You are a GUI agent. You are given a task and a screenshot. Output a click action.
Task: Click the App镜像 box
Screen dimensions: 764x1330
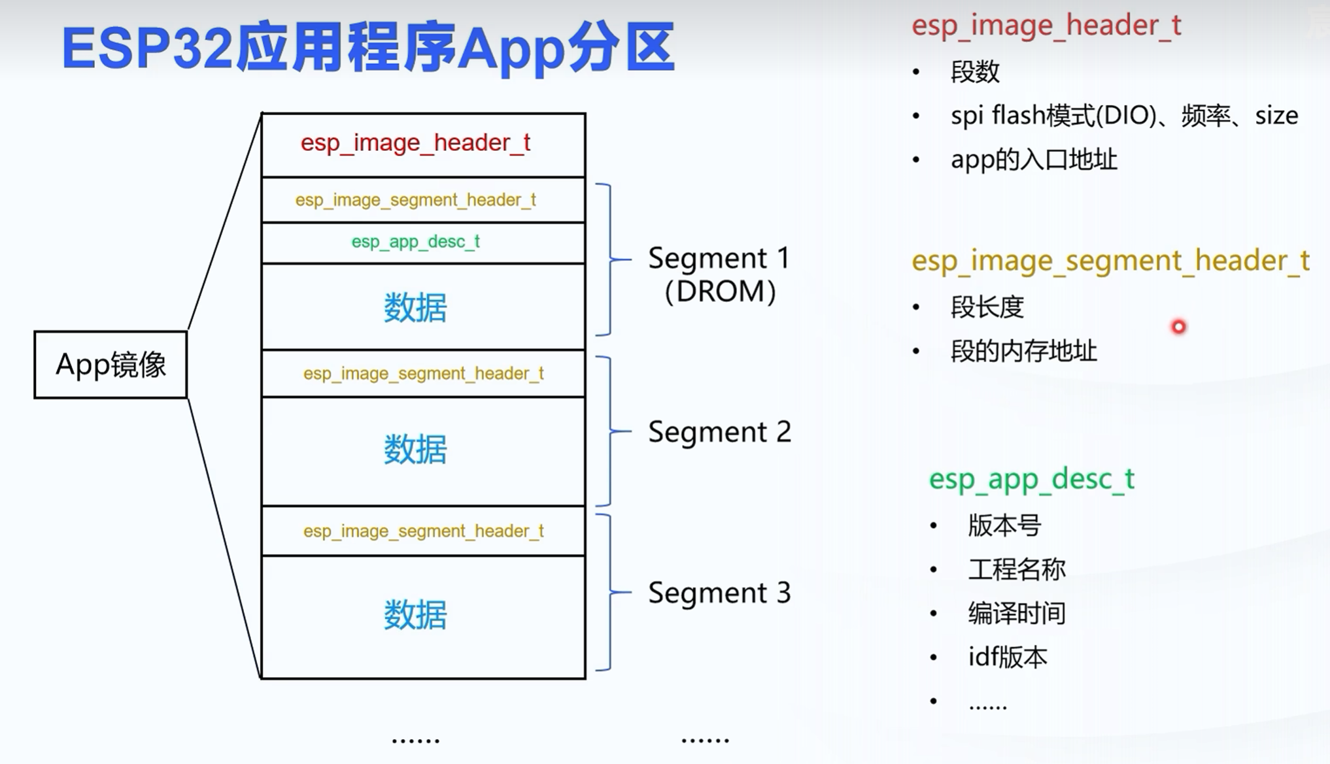111,365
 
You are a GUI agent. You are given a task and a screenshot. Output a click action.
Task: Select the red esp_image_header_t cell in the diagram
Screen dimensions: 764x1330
416,143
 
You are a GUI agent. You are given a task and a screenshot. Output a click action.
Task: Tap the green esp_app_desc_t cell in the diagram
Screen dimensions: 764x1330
416,242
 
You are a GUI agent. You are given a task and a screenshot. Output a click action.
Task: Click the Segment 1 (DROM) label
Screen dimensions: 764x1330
719,274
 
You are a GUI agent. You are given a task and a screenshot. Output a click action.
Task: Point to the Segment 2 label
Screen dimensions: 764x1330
719,432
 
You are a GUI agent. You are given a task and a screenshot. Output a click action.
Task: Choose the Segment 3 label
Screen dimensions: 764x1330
719,593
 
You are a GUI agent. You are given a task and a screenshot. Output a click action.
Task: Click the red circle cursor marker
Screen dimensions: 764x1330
1178,327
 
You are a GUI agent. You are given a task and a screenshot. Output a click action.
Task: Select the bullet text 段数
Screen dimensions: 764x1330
975,72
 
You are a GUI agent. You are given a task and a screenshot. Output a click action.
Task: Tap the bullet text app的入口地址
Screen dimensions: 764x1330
1034,159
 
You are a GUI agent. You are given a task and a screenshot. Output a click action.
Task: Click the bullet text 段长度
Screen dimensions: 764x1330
987,307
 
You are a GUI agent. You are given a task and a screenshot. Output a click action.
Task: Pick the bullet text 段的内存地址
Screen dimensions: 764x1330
1023,351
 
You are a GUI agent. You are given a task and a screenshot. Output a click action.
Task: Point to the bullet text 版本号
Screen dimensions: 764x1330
1004,525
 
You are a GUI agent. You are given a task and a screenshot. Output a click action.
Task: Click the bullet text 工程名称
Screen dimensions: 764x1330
1017,569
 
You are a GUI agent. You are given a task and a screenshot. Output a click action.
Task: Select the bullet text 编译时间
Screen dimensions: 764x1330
1017,613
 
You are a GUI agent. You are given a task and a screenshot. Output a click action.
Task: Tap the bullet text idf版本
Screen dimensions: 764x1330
1008,657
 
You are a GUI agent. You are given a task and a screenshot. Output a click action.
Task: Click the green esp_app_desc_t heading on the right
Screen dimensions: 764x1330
1031,479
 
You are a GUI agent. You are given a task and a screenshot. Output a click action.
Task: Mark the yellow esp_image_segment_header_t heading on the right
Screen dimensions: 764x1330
1110,261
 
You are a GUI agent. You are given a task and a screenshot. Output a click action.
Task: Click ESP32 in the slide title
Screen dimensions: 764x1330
147,48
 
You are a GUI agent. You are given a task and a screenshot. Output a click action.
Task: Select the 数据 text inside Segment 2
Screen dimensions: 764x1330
416,450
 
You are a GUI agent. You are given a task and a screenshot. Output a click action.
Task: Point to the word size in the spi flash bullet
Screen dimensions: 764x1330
1276,116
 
